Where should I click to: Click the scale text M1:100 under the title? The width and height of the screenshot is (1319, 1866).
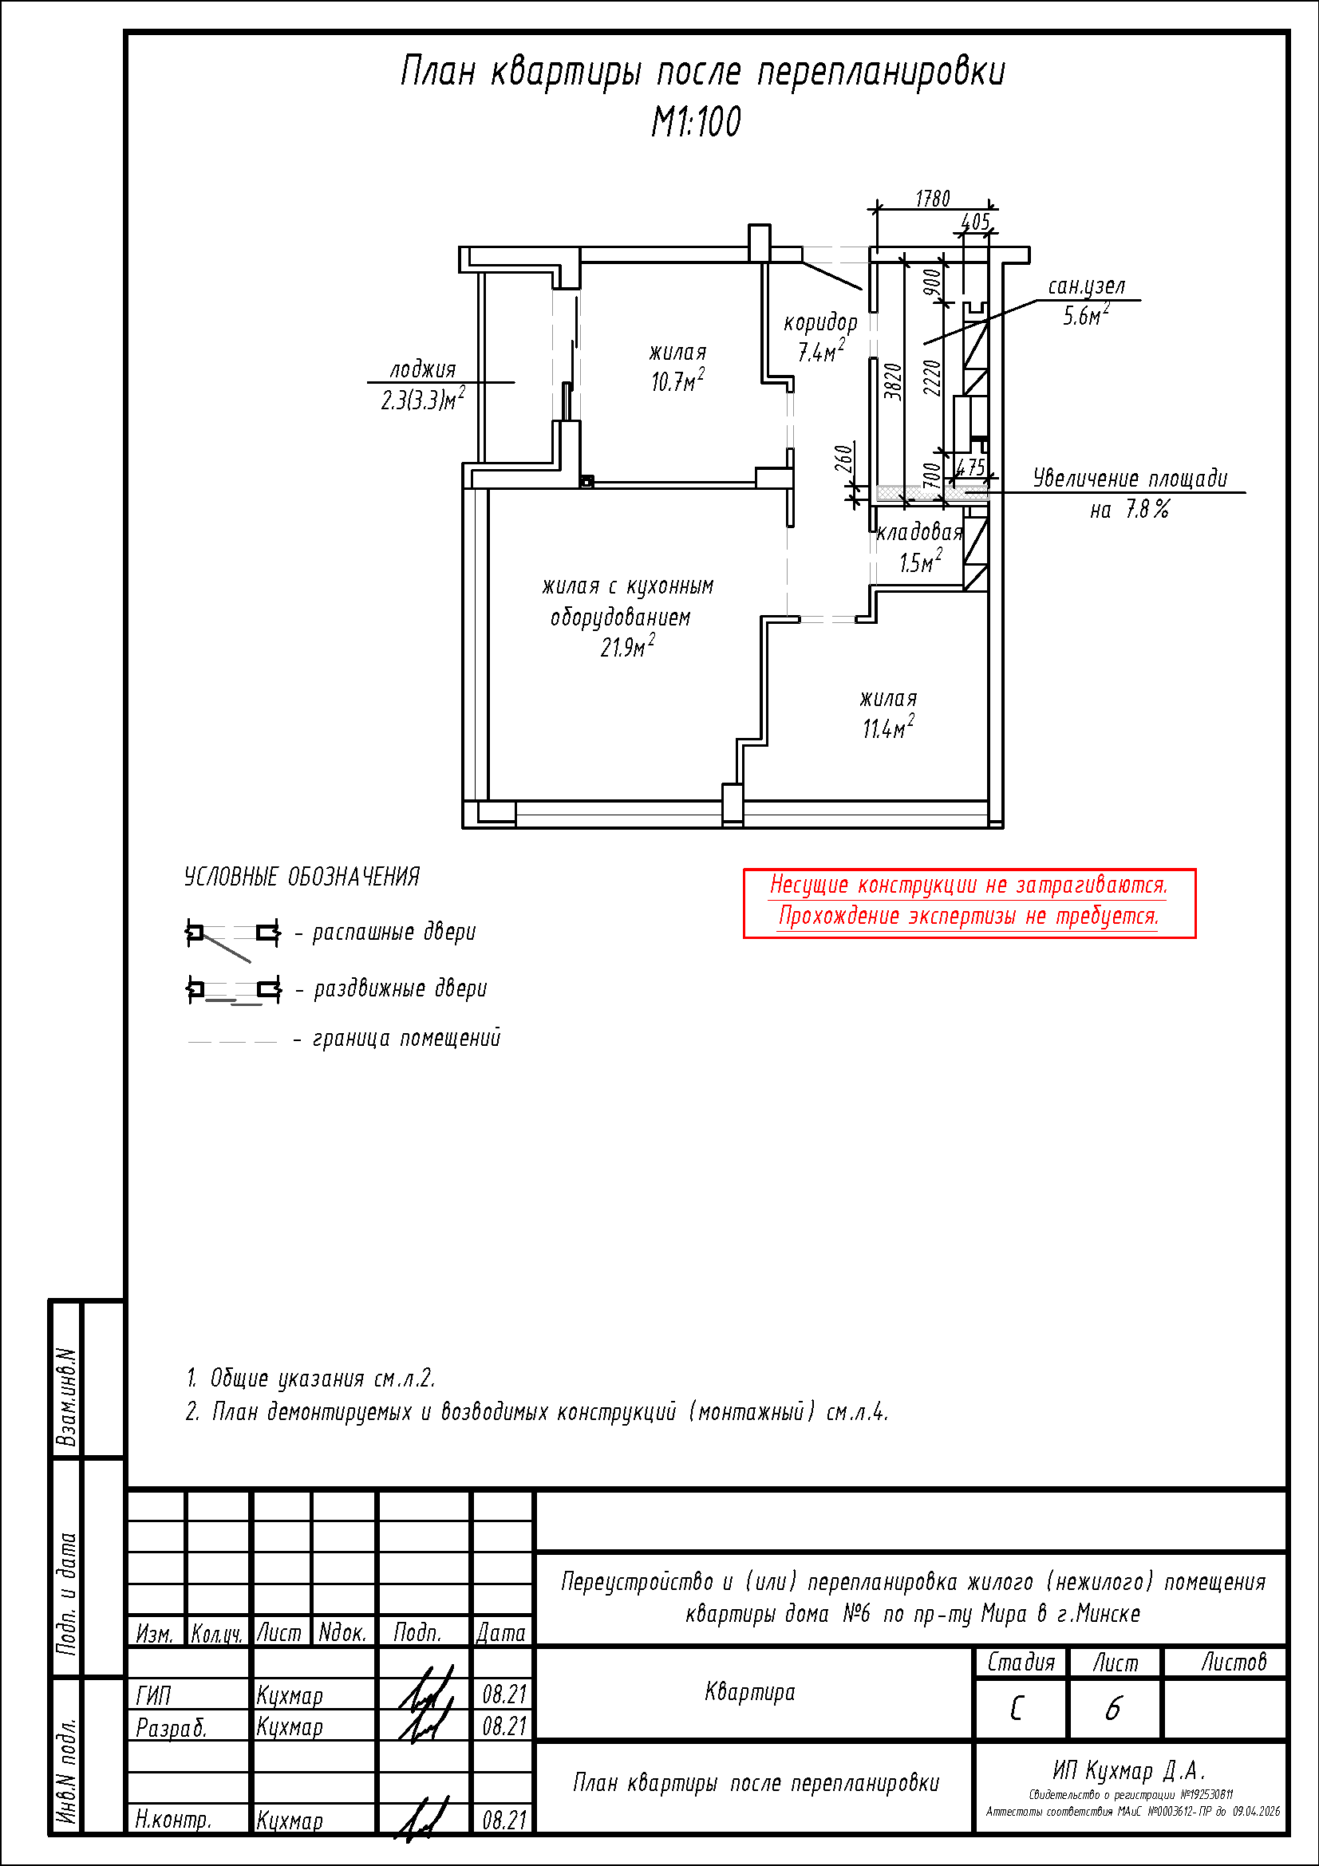(x=696, y=122)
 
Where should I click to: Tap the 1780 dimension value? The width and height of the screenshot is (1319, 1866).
(x=932, y=199)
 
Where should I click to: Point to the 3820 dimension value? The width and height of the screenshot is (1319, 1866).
(x=893, y=381)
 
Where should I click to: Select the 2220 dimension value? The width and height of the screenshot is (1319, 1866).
(x=932, y=377)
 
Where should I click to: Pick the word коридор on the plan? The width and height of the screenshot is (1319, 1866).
(x=820, y=322)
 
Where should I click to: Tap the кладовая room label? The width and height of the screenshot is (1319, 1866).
(x=919, y=532)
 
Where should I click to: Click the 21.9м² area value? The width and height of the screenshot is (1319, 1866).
(x=626, y=647)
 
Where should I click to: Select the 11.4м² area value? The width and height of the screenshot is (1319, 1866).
(x=887, y=728)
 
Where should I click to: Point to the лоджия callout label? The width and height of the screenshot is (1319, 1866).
(x=423, y=370)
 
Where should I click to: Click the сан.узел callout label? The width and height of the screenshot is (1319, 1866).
(x=1087, y=286)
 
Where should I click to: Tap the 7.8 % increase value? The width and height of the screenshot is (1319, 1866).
(x=1147, y=510)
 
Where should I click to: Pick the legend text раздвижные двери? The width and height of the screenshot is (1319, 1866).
(x=400, y=989)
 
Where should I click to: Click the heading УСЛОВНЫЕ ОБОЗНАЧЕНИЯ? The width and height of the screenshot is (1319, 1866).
(x=302, y=877)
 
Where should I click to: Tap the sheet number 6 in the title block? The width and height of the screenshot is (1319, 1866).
(x=1112, y=1708)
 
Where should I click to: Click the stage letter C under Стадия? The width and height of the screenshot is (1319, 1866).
(x=1017, y=1709)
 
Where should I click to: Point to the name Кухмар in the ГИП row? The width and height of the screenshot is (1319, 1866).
(x=290, y=1695)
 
